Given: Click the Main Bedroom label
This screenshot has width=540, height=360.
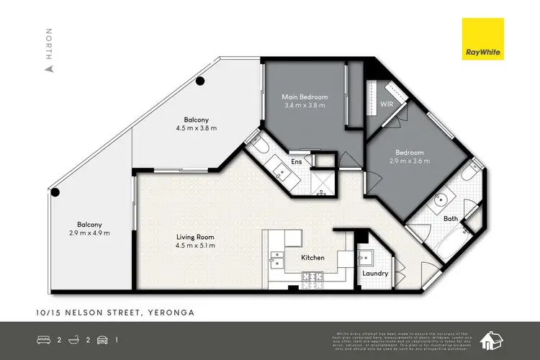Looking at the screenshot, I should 305,96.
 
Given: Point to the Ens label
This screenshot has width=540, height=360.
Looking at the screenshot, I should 296,163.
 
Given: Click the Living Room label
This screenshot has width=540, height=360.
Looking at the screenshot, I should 195,237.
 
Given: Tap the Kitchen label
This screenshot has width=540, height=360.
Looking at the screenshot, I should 313,257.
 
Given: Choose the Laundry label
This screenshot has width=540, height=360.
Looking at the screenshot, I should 375,274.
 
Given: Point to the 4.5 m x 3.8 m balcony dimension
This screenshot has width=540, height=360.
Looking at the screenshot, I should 196,128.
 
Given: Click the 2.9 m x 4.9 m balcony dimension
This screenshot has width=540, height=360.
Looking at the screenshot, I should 90,233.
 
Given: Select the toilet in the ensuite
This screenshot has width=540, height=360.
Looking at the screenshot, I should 260,148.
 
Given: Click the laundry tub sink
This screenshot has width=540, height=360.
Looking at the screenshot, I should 364,258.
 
